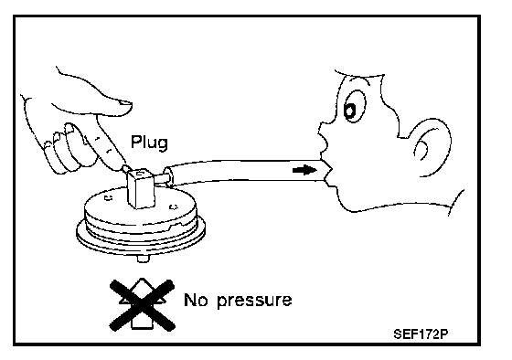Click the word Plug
[149, 143]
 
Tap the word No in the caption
[196, 300]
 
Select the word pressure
[254, 301]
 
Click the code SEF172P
[421, 334]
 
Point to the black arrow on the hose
[304, 170]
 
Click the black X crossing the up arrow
[142, 305]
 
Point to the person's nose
[324, 128]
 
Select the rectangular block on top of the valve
[141, 188]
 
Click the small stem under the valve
[143, 259]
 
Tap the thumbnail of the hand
[124, 103]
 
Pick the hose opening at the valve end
[167, 176]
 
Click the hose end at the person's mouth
[327, 171]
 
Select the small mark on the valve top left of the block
[109, 197]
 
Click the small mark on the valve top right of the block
[174, 206]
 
